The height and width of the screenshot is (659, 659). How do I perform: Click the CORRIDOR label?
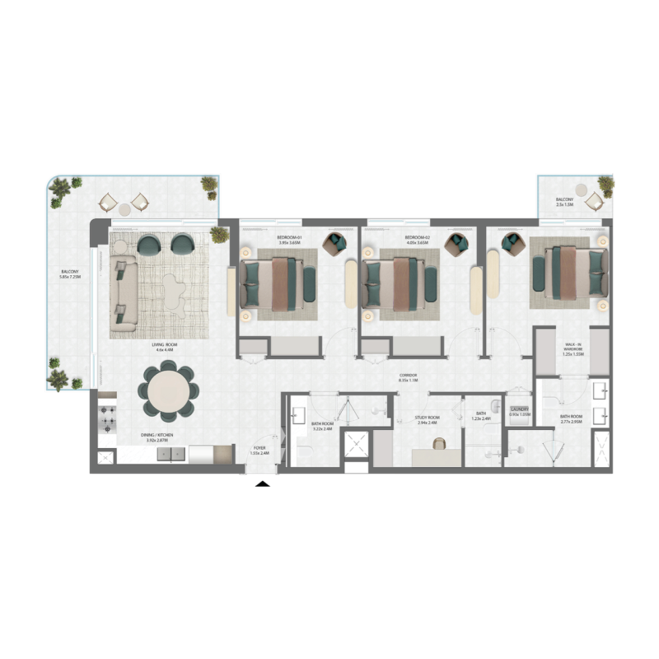coord(409,377)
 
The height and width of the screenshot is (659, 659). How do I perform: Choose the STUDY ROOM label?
coord(428,418)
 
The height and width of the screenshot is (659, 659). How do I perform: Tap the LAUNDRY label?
coord(518,409)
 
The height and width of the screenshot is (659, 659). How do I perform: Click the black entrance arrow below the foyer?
coord(263,484)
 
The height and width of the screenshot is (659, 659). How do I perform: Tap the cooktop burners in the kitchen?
coord(107,418)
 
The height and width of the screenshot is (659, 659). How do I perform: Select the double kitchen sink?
coord(172,456)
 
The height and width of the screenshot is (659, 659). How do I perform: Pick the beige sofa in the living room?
coord(124,292)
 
